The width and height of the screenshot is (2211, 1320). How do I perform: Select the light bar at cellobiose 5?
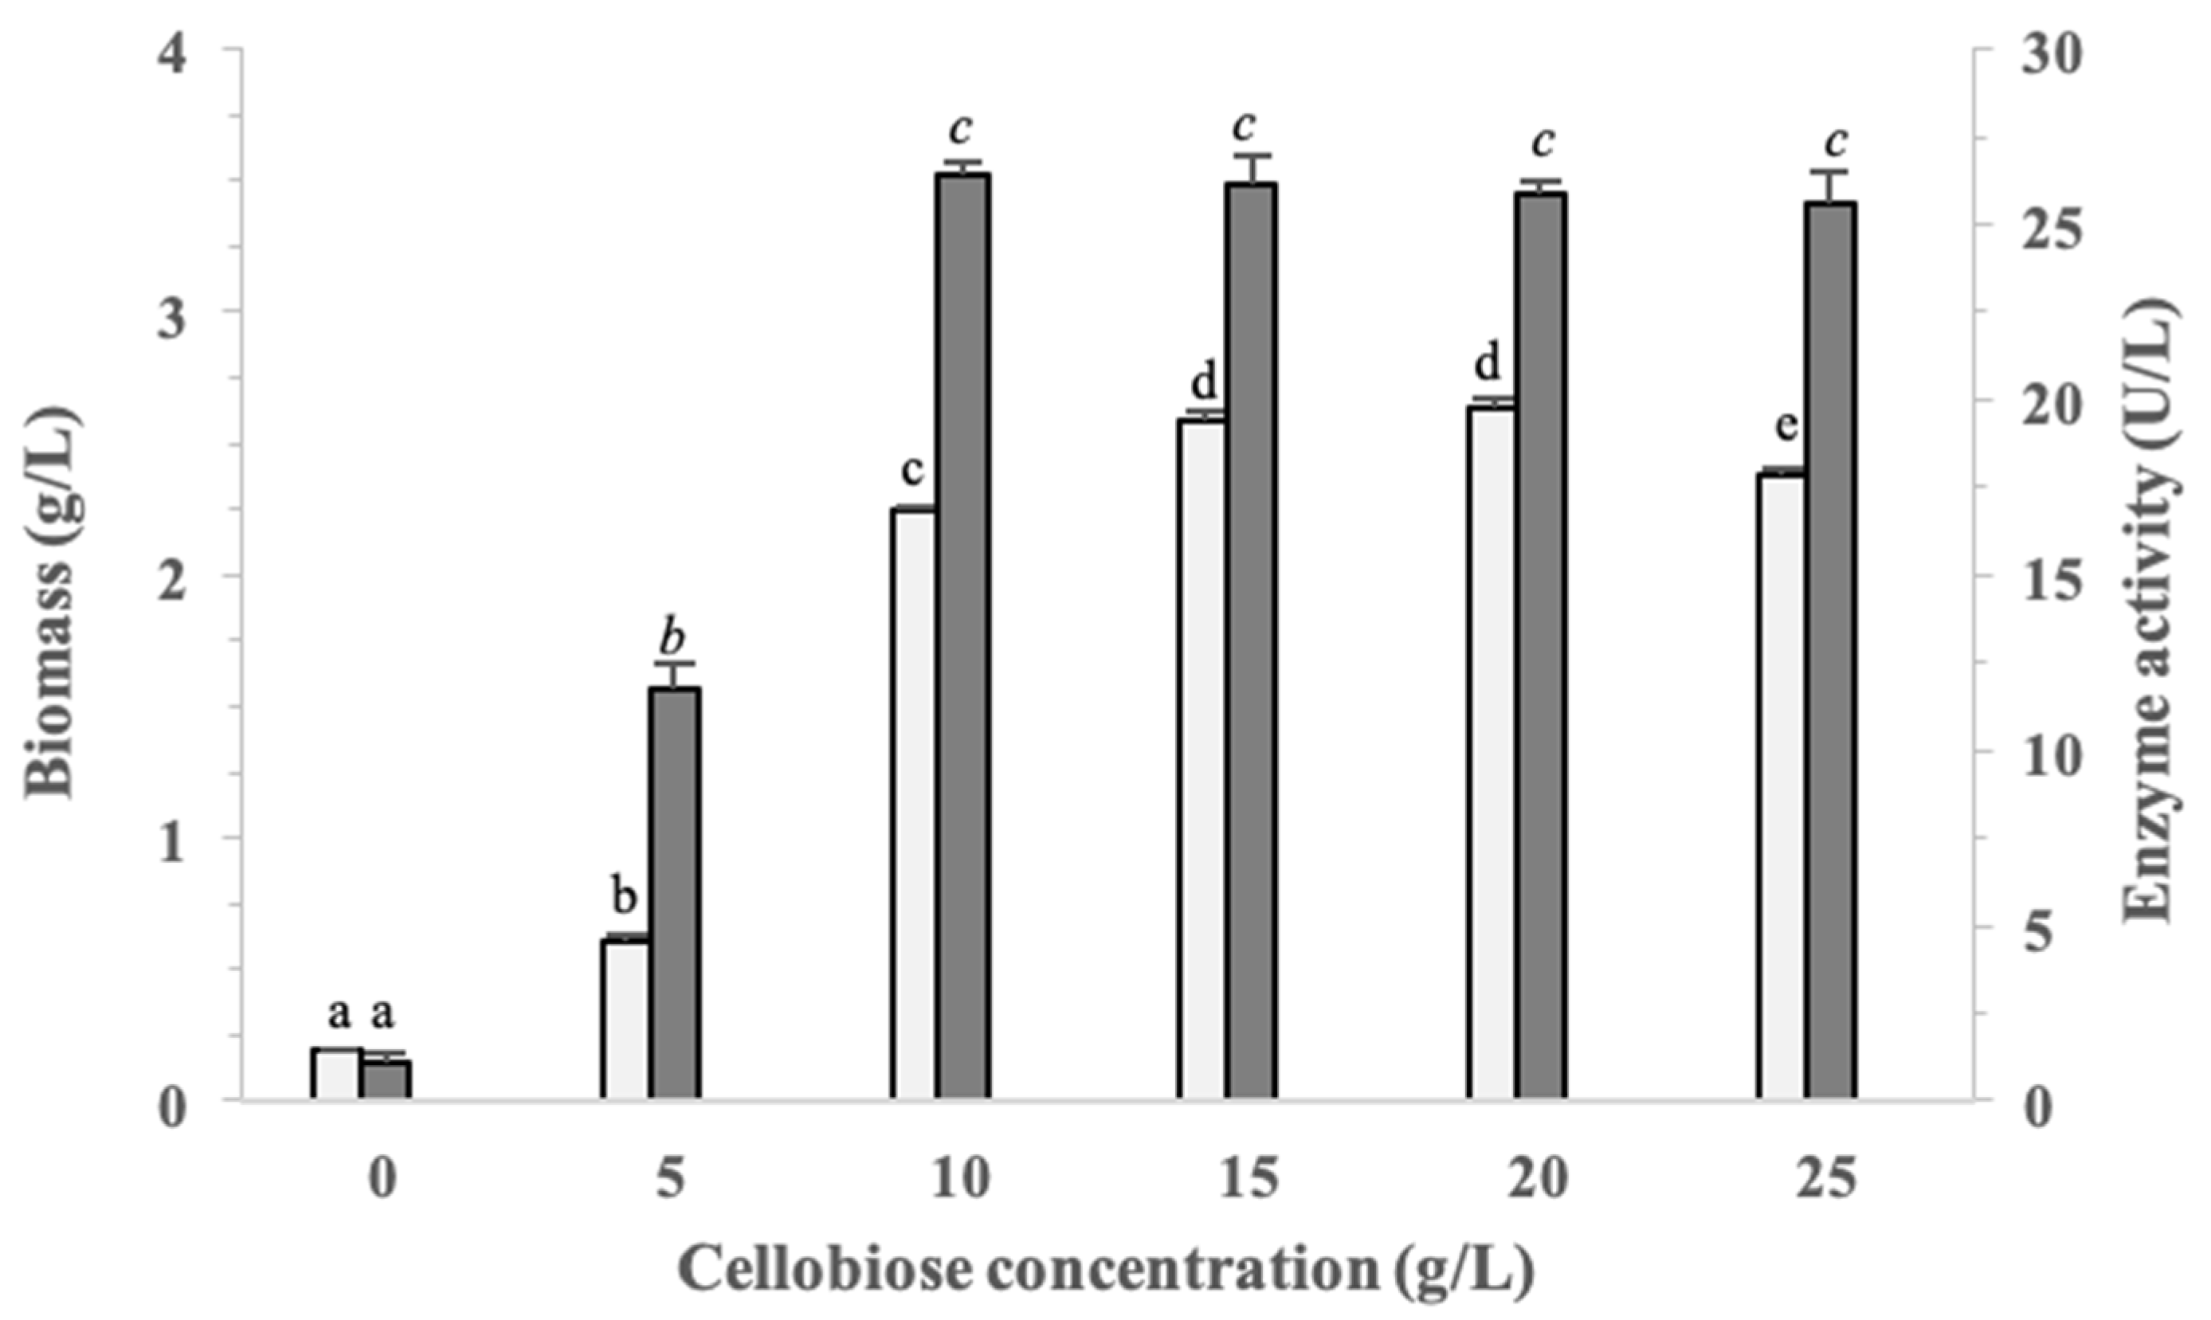click(625, 1018)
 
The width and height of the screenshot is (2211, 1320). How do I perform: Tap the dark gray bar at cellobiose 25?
click(1831, 649)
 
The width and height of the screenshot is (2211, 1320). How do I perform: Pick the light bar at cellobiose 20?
click(1492, 753)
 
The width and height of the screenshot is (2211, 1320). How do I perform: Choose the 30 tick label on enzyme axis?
click(2036, 55)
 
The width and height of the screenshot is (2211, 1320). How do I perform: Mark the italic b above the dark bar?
click(673, 636)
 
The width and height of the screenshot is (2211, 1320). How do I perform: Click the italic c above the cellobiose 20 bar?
click(1543, 140)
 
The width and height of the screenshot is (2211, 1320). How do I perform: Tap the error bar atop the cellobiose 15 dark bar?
click(1252, 167)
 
